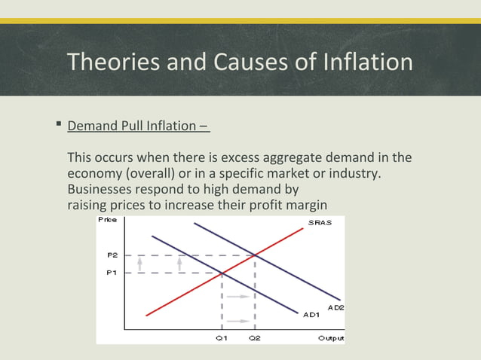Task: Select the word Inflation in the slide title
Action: [x=366, y=62]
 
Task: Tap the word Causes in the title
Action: [x=248, y=62]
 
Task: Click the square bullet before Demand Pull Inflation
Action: [x=58, y=124]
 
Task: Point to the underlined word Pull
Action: [x=133, y=125]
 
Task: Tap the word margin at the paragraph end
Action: [x=306, y=206]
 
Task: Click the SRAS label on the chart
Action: [x=320, y=223]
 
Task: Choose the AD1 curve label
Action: [x=312, y=314]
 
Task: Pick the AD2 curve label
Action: [x=335, y=307]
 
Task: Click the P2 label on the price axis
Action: [x=112, y=255]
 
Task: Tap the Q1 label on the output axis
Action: [x=221, y=338]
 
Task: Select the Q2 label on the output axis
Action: [x=255, y=338]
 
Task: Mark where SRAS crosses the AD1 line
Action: [x=222, y=273]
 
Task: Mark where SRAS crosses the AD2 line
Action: [x=255, y=255]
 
